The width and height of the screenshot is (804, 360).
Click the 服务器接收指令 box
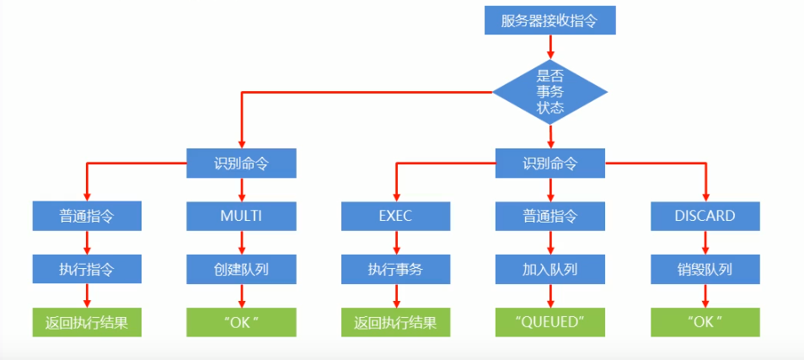(x=549, y=21)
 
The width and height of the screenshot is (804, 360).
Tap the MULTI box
(x=241, y=216)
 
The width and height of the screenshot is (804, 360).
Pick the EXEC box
(x=395, y=216)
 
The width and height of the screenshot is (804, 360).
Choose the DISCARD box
(x=705, y=216)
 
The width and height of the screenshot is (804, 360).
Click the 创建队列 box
(x=241, y=270)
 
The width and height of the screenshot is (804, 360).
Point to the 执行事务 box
(x=395, y=270)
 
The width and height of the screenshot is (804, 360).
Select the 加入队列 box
(x=549, y=270)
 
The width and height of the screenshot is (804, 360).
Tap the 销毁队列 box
(x=705, y=270)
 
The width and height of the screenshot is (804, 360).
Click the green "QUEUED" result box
(x=549, y=322)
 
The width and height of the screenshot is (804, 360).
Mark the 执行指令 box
(x=87, y=270)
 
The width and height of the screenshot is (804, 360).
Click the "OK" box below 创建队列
(x=241, y=322)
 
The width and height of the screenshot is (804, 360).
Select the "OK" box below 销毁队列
(x=705, y=322)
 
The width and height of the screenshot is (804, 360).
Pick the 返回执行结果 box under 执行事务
(x=395, y=322)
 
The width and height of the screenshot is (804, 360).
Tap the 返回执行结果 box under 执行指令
(x=87, y=322)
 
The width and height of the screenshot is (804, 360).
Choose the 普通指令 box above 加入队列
(x=549, y=216)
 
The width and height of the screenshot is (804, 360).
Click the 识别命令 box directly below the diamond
(x=549, y=163)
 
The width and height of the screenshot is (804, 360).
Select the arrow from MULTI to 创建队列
(x=242, y=243)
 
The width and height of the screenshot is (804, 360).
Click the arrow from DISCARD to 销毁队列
(x=706, y=243)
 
